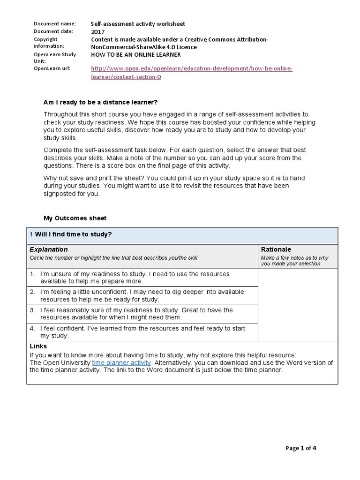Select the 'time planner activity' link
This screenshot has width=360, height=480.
[121, 362]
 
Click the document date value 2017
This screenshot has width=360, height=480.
[98, 32]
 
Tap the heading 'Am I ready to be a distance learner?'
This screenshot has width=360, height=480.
[100, 102]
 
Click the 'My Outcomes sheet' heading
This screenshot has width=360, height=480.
[75, 218]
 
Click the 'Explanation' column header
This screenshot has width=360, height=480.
[49, 249]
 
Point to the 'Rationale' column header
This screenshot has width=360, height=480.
[277, 249]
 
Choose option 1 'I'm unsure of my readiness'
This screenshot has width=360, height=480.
[128, 277]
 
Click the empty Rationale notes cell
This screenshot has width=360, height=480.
[298, 305]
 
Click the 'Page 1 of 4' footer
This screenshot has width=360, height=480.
[301, 448]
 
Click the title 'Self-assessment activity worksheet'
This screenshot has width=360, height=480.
[138, 24]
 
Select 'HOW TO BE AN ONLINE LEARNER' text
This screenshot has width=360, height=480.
[136, 54]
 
